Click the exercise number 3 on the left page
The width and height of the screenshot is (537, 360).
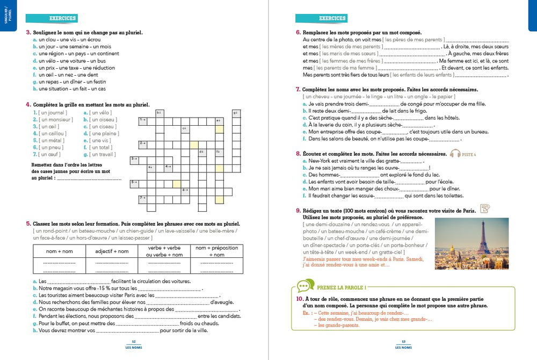pos(28,33)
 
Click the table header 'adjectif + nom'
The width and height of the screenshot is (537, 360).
pos(112,251)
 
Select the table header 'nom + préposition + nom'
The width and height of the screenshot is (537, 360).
pos(217,251)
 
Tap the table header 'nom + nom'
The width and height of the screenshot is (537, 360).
pos(59,251)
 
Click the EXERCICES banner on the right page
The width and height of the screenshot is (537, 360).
pos(332,18)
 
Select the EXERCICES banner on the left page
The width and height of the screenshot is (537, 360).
pos(62,18)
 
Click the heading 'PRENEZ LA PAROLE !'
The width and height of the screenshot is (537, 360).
pos(342,287)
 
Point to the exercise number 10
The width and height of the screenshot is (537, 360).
pos(300,298)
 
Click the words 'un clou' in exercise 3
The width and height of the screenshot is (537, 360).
pos(47,40)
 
